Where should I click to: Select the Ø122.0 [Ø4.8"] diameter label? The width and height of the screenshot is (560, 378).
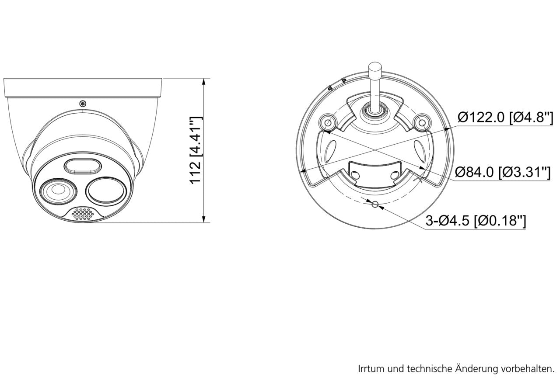(505, 117)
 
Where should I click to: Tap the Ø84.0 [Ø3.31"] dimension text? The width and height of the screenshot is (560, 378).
(503, 172)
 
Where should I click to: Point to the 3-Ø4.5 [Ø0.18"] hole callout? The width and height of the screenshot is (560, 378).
(476, 220)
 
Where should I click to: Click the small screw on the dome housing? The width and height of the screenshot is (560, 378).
(83, 104)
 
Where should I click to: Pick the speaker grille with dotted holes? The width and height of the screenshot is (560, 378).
(83, 214)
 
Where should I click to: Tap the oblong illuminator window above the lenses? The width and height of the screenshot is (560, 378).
(83, 166)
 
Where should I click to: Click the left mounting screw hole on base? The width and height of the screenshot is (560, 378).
(328, 122)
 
